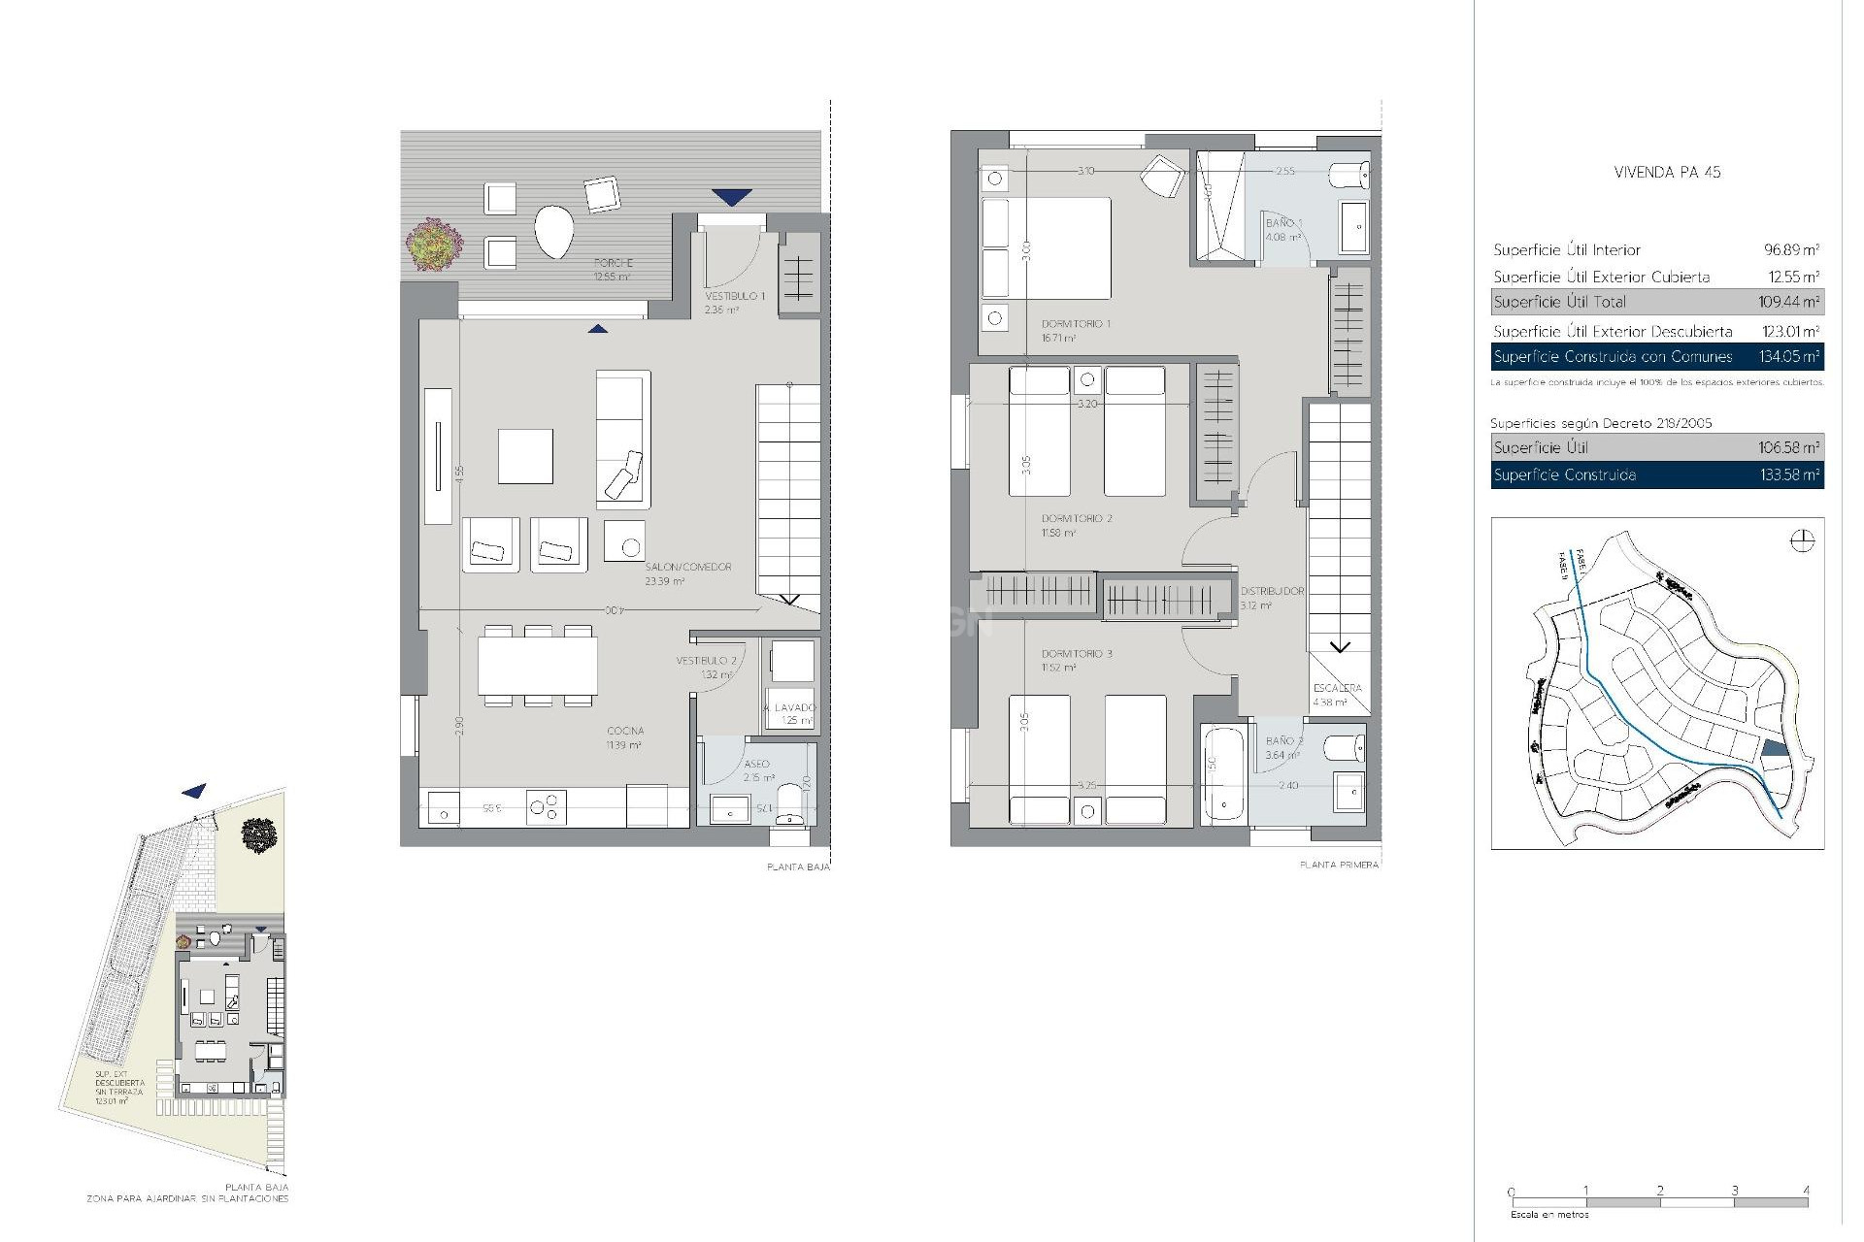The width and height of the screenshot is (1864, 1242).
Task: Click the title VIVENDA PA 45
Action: (1667, 173)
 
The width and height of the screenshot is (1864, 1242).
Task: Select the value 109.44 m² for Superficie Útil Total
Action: (1788, 302)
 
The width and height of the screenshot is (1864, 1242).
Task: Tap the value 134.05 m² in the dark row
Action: (1788, 356)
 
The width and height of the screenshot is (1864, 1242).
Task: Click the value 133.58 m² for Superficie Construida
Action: (1788, 474)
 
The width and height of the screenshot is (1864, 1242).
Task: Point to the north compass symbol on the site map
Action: (1801, 540)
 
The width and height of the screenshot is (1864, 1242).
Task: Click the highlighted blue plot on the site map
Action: (1773, 747)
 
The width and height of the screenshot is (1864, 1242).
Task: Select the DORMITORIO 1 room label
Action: (1076, 324)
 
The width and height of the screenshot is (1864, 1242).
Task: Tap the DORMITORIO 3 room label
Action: (1077, 654)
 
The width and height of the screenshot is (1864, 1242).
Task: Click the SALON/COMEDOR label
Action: (688, 567)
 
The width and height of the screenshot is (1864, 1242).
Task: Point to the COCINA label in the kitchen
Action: (625, 731)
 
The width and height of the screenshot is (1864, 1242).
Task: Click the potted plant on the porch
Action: (434, 245)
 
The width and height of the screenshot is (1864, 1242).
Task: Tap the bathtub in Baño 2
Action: (1223, 773)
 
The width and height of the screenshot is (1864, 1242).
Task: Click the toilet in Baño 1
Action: (1350, 176)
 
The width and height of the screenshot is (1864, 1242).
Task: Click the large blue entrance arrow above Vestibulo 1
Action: (731, 197)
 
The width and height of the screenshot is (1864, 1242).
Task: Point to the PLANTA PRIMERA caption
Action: (1339, 865)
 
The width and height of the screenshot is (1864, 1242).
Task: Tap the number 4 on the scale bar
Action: (1806, 1191)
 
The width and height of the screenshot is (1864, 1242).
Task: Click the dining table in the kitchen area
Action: (538, 666)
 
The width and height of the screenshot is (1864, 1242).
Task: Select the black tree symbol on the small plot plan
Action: (259, 834)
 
